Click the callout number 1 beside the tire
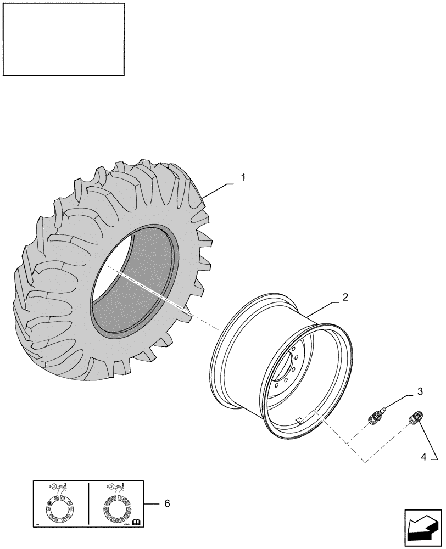pos(243,178)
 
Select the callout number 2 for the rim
pos(345,298)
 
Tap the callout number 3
pos(420,391)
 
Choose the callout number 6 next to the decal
pos(167,503)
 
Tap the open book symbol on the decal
pos(136,522)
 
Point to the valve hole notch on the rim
pos(299,421)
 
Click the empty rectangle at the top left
pos(64,39)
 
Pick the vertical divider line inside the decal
pos(88,504)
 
